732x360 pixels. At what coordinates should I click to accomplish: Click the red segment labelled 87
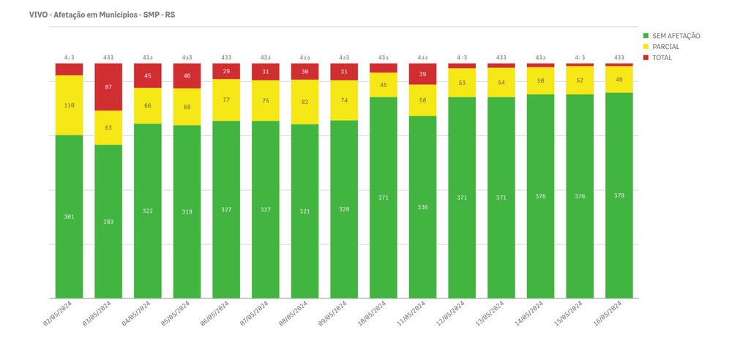click(x=108, y=87)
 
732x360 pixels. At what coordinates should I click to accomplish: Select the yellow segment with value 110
click(x=69, y=105)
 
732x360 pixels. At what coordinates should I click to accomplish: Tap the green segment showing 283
click(x=108, y=221)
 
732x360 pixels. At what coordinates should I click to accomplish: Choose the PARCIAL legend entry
click(x=665, y=47)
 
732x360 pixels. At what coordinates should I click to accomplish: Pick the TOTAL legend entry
click(x=662, y=58)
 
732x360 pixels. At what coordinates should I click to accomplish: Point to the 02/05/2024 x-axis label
click(x=57, y=312)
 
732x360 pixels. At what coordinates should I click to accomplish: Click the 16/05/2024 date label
click(x=608, y=312)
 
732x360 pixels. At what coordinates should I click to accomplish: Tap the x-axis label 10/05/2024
click(x=372, y=312)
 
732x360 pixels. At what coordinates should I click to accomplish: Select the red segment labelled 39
click(x=422, y=74)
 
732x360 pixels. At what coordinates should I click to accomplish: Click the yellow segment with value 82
click(x=305, y=102)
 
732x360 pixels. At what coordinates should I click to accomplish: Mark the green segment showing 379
click(x=619, y=195)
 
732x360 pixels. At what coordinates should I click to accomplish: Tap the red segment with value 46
click(x=187, y=76)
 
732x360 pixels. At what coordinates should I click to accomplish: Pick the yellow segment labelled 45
click(x=383, y=85)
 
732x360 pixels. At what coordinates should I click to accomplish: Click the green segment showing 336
click(x=422, y=207)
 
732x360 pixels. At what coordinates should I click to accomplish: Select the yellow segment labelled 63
click(x=108, y=128)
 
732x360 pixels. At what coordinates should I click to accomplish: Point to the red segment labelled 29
click(x=226, y=71)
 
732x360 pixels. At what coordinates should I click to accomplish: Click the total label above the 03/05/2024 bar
click(x=108, y=57)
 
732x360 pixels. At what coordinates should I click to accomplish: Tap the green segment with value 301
click(x=69, y=217)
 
